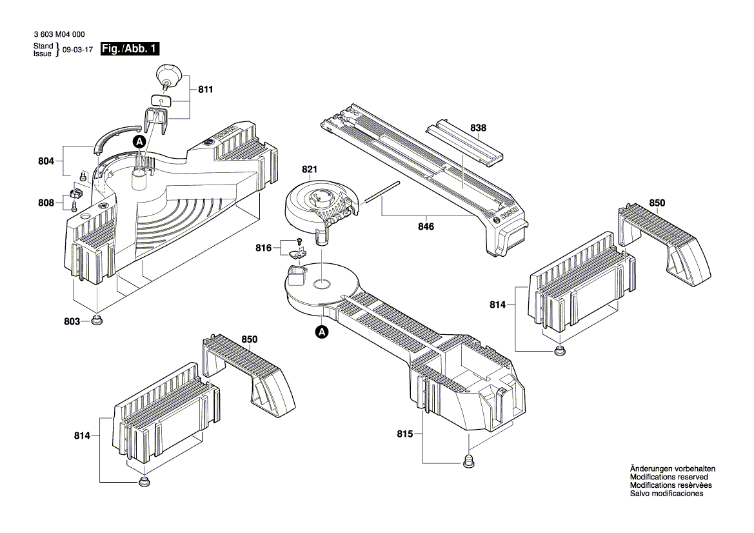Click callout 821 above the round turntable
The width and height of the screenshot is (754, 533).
(x=310, y=170)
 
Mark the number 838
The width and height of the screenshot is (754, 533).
(x=478, y=128)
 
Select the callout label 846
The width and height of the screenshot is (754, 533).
(x=426, y=226)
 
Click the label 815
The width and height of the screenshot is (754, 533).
(x=405, y=434)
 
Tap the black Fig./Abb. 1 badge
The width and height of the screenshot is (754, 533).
(x=130, y=49)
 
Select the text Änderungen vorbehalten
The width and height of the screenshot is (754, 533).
(x=672, y=468)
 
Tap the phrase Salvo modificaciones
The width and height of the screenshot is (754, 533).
(x=666, y=494)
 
